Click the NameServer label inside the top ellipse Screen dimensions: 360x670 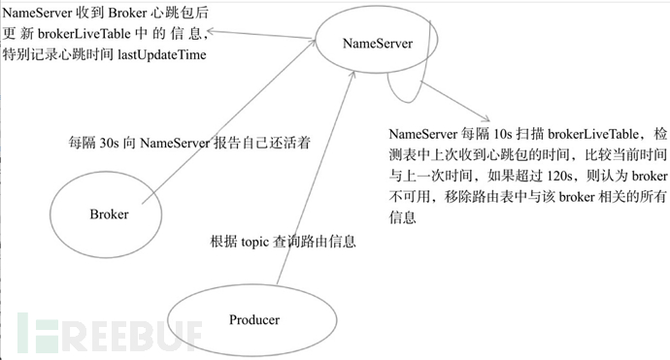click(x=377, y=44)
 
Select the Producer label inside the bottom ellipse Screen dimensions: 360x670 click(x=253, y=319)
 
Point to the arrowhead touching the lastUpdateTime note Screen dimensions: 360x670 click(x=215, y=33)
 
